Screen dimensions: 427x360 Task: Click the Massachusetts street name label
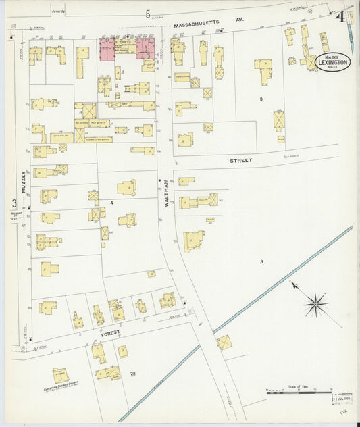(197, 24)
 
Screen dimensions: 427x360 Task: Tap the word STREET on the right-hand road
(240, 161)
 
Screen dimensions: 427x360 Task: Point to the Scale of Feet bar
(297, 391)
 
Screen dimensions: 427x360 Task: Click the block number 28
(133, 374)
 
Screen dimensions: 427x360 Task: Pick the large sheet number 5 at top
(147, 13)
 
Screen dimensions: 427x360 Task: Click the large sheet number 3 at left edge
(13, 203)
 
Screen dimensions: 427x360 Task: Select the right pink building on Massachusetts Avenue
(145, 48)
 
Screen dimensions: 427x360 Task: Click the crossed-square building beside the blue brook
(224, 343)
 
